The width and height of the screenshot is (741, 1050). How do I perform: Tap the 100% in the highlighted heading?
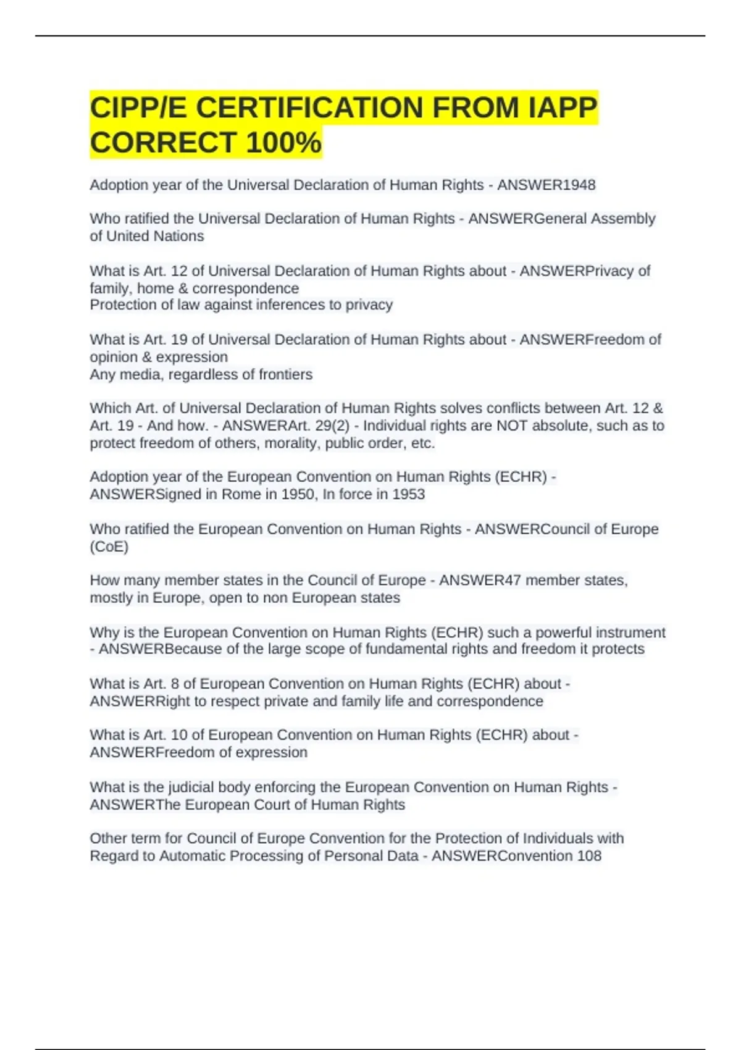click(x=283, y=143)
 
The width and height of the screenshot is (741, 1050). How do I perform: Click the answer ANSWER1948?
click(x=546, y=185)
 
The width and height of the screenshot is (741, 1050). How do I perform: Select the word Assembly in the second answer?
click(x=623, y=219)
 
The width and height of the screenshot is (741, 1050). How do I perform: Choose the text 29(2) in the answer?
click(x=332, y=426)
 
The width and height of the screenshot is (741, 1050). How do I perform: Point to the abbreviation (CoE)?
click(x=109, y=547)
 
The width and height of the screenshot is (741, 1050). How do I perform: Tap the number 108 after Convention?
click(x=589, y=856)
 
